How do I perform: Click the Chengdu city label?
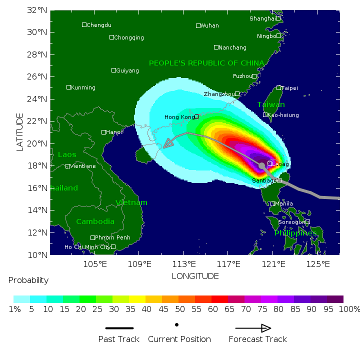coord(99,25)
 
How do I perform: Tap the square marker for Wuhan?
coord(198,25)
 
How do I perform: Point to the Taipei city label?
coord(289,88)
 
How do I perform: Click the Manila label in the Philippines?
coord(284,203)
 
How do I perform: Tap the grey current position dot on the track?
coord(261,165)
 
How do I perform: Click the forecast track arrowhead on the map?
coord(168,143)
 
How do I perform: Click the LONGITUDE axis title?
coord(195,276)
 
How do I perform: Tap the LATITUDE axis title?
coord(20,132)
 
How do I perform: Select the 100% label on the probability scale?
coord(348,309)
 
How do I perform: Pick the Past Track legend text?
coord(119,339)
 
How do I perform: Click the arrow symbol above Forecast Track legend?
coord(253,328)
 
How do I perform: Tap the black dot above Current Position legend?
coord(177,325)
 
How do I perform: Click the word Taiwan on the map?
coord(271,104)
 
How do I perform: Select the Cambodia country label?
coord(95,221)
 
